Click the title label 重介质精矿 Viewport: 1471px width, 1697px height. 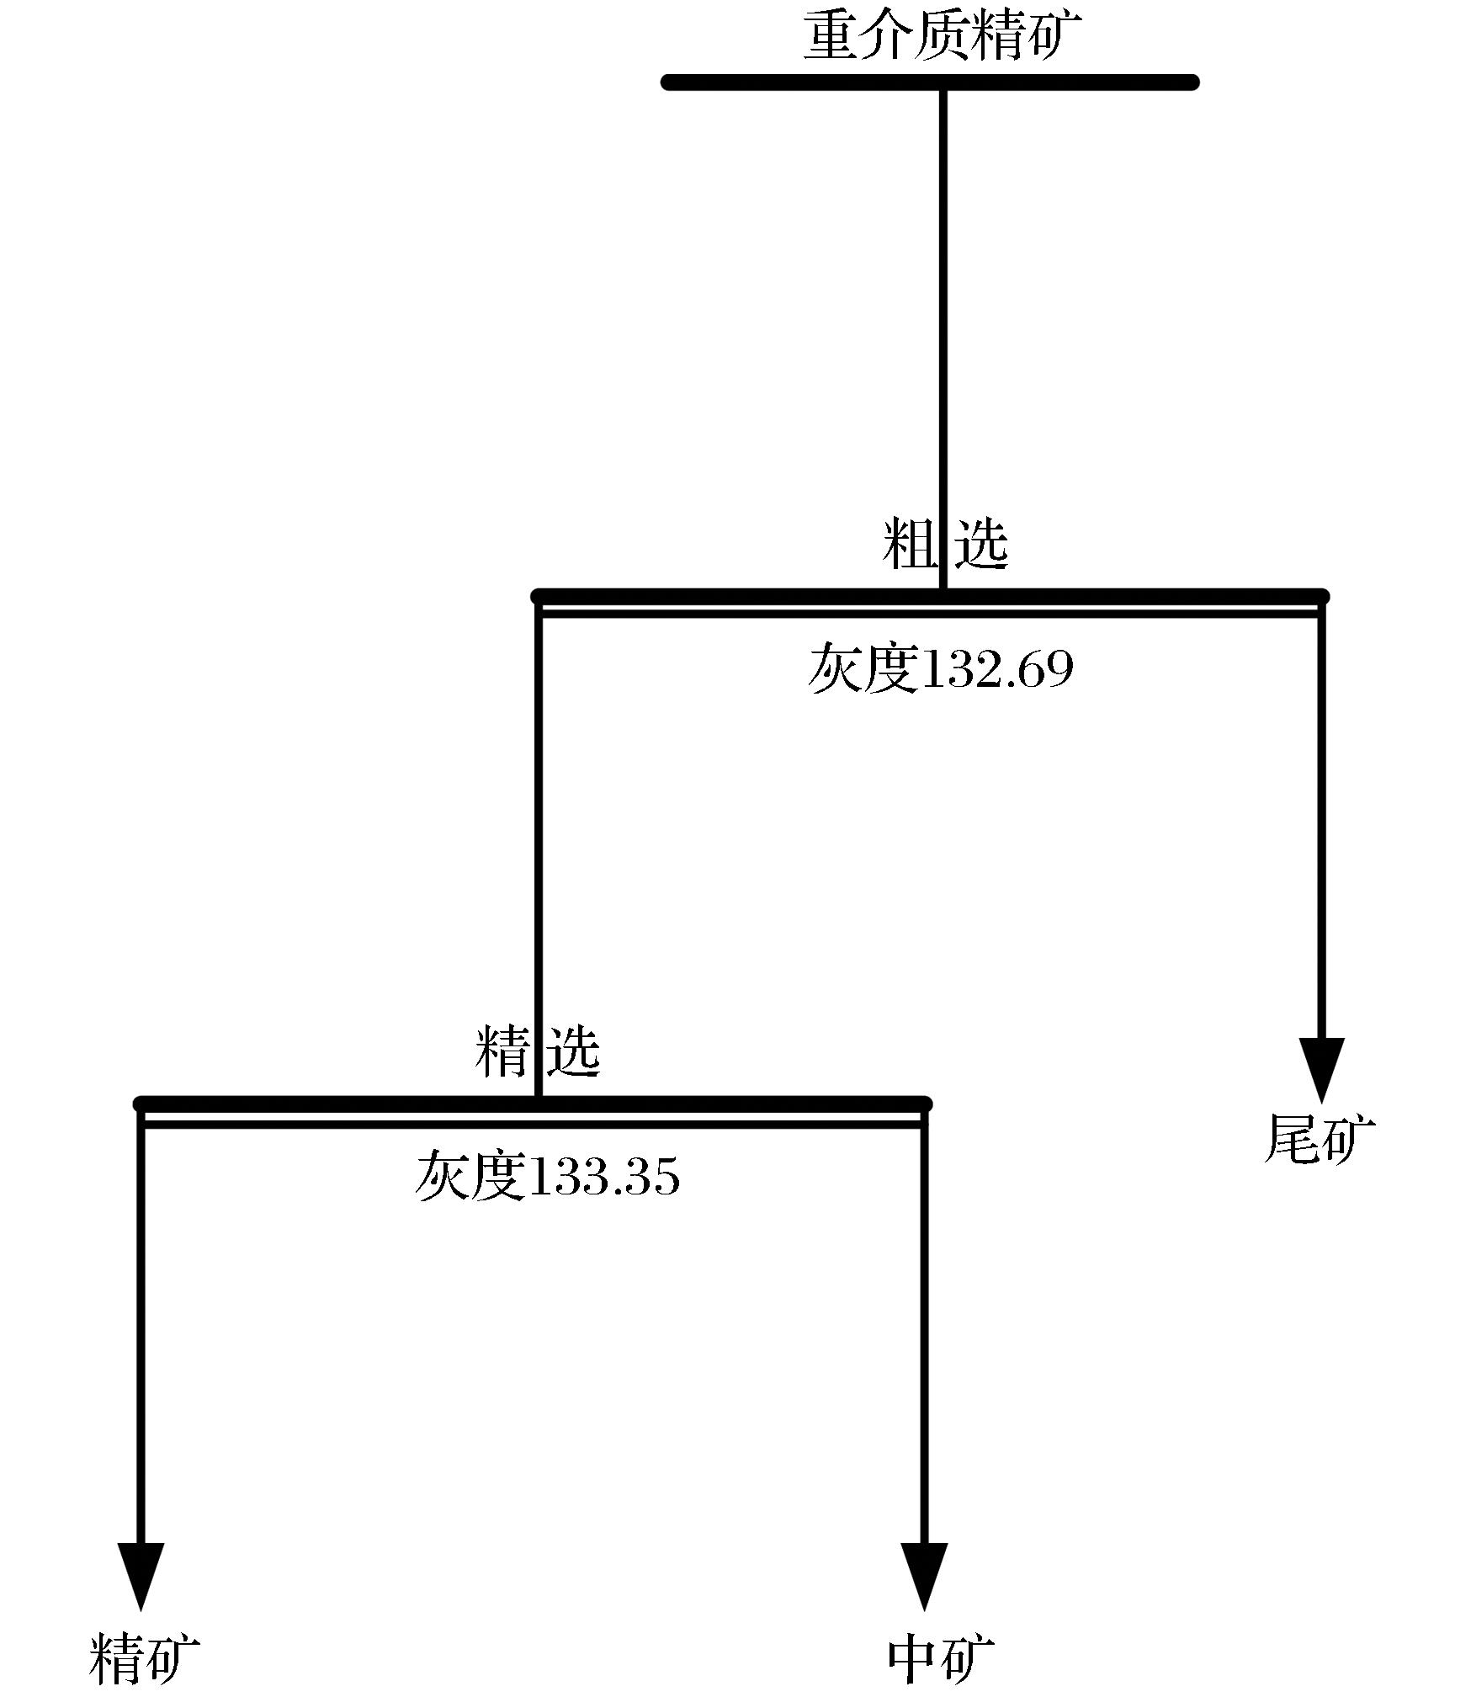(943, 35)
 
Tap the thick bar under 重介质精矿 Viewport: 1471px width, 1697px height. (930, 82)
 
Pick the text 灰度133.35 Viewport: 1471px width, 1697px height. (548, 1176)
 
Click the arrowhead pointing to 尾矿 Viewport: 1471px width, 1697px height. (1321, 1070)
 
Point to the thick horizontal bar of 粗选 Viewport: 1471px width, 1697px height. (930, 598)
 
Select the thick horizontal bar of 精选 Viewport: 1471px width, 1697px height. (534, 1104)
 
